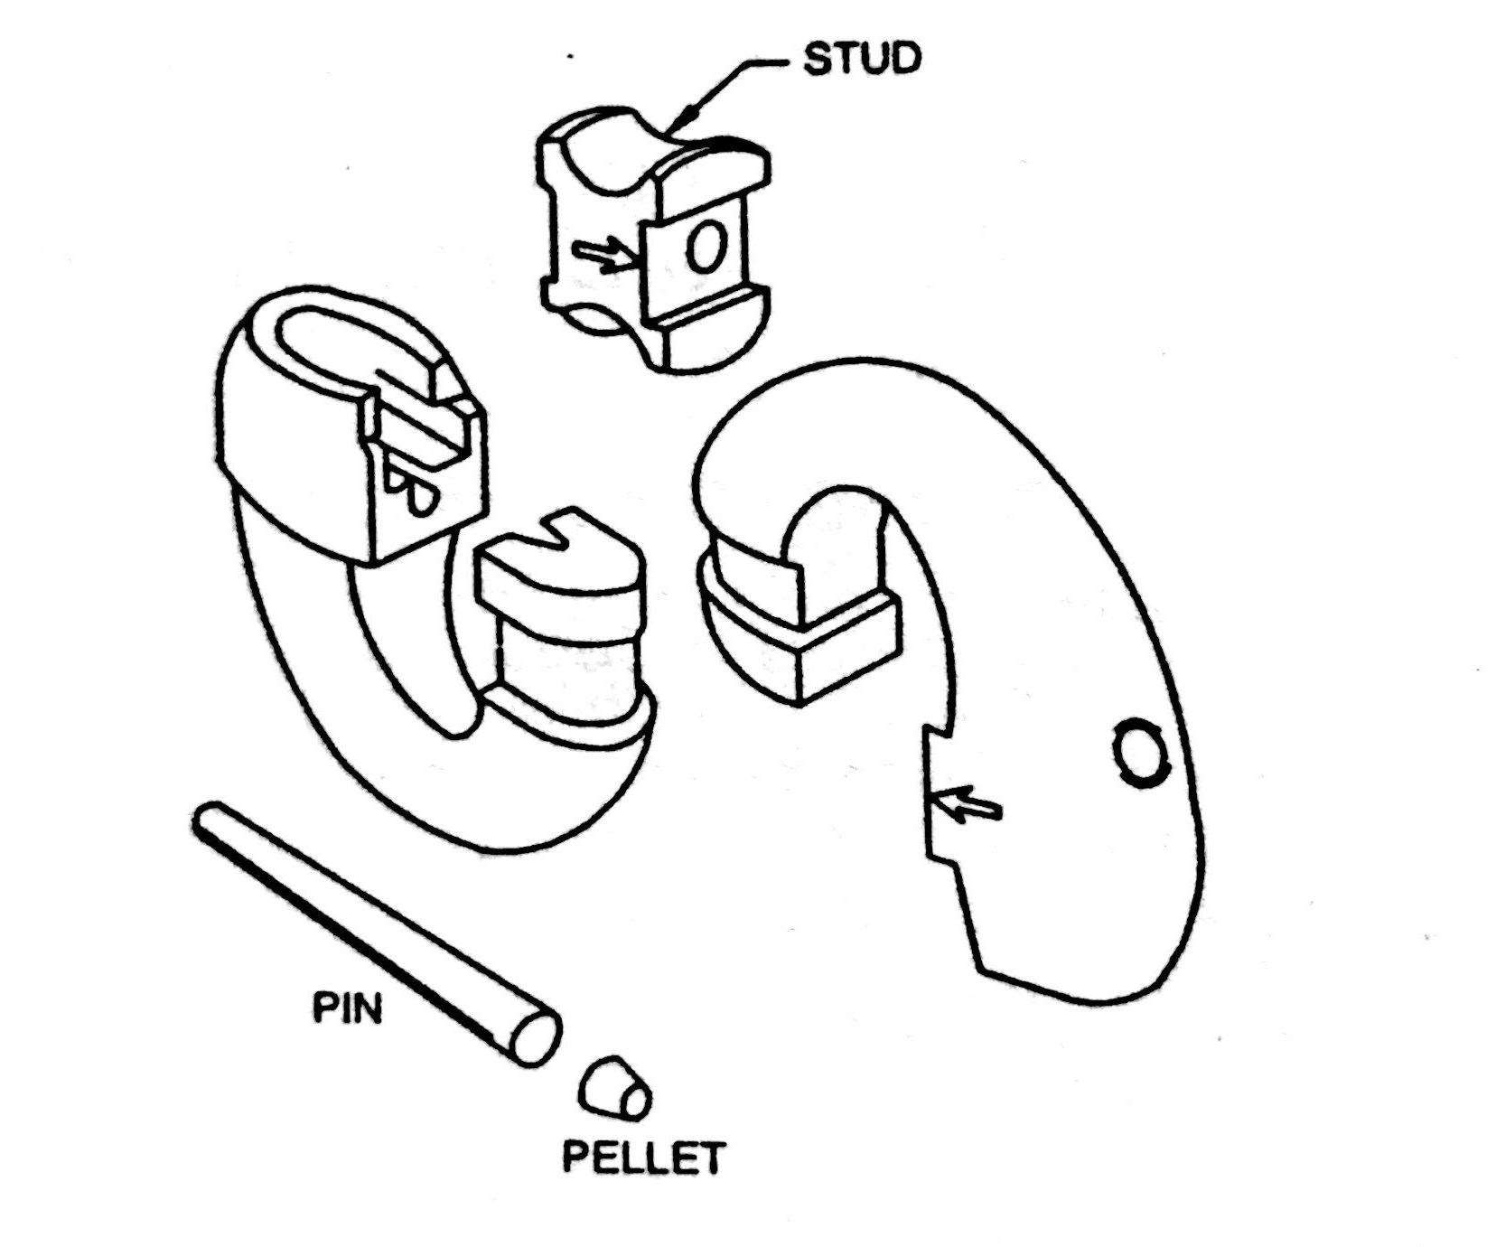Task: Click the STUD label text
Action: tap(861, 60)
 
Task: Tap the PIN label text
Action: tap(348, 1008)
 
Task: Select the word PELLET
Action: tap(643, 1157)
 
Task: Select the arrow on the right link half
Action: tap(967, 802)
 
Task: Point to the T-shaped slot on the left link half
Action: tap(425, 434)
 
